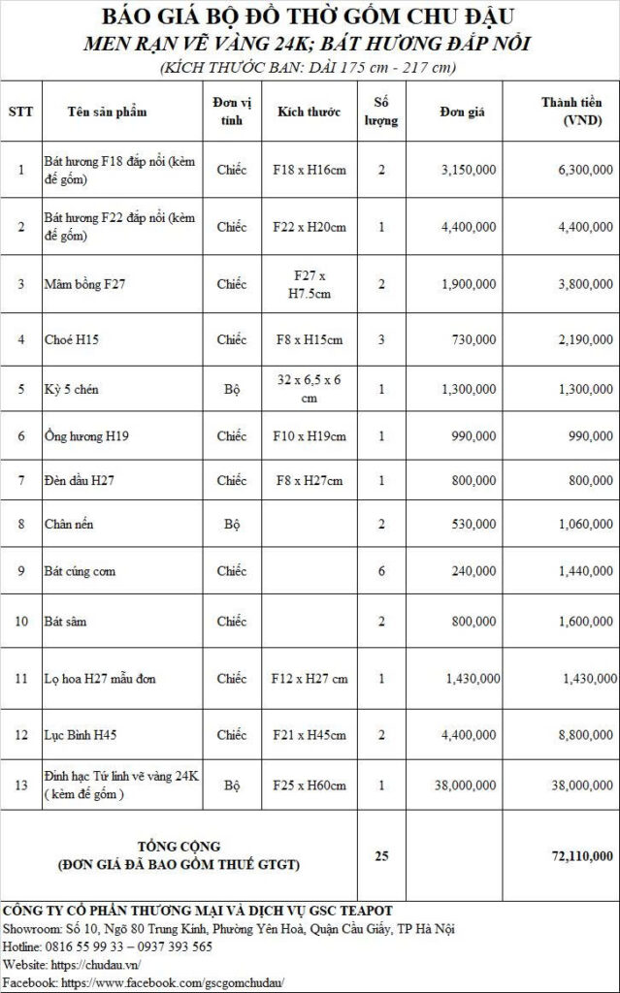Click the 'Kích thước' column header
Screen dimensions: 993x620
point(308,112)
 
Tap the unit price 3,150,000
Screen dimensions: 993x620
point(469,170)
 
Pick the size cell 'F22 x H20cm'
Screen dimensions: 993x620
point(310,227)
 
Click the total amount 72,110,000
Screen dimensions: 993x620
point(579,855)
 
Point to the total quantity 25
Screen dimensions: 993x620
point(381,855)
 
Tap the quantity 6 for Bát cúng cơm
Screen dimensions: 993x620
point(381,572)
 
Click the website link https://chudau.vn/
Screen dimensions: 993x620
point(95,965)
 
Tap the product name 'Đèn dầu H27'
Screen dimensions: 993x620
point(79,480)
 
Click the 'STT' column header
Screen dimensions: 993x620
point(20,112)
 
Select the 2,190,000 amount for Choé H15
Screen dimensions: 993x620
point(584,340)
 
